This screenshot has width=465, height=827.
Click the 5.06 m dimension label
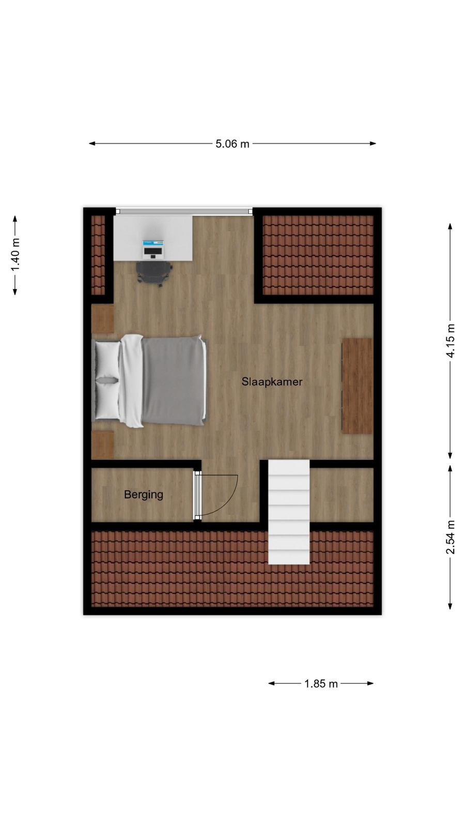tap(233, 144)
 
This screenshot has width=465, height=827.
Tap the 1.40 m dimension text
tap(15, 255)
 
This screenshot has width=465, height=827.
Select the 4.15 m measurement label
tap(450, 341)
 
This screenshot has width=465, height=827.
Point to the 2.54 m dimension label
tap(450, 537)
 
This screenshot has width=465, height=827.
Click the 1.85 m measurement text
tap(321, 683)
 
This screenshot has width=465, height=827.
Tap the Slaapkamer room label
tap(272, 381)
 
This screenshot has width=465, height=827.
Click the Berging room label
tap(144, 495)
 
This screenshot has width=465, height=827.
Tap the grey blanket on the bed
tap(174, 380)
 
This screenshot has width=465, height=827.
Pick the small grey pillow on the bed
tap(107, 380)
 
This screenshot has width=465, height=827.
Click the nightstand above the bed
tap(103, 319)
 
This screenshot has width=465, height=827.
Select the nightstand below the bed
tap(103, 445)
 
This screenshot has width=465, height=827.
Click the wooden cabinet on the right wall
tap(358, 386)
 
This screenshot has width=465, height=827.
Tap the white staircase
tap(289, 512)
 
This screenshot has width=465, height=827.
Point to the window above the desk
tap(184, 211)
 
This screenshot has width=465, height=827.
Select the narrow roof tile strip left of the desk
tap(98, 255)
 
